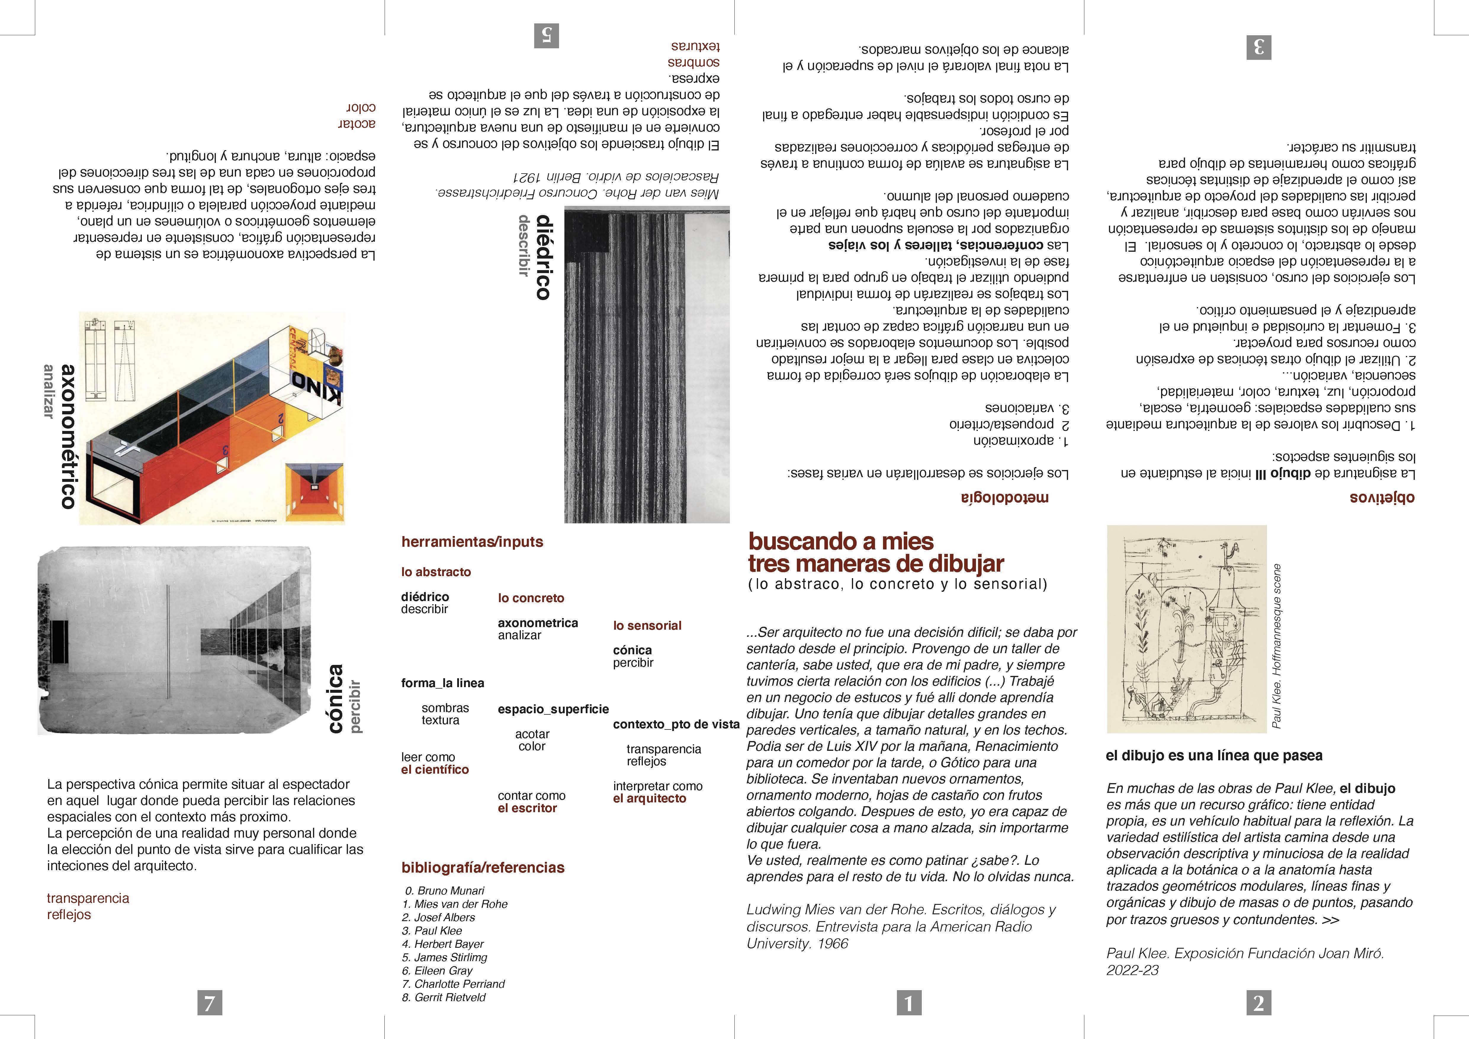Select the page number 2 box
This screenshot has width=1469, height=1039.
point(1258,1003)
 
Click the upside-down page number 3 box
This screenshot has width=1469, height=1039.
point(1258,47)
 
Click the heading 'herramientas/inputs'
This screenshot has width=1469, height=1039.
point(472,542)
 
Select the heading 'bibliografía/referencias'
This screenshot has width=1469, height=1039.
point(483,868)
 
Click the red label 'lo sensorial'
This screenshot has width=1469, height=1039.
point(648,626)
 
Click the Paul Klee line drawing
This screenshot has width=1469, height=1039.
point(1186,629)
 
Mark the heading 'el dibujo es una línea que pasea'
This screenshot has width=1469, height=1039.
point(1214,756)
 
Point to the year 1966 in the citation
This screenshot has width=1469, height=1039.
point(832,944)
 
